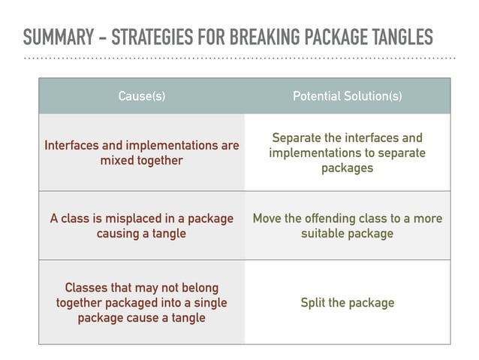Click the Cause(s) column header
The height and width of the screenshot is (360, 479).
click(142, 96)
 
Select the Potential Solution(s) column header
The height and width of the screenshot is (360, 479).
click(347, 96)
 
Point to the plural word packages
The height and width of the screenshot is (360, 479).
click(347, 168)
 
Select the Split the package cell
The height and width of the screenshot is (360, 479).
click(347, 303)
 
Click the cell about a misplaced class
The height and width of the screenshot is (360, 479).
click(142, 225)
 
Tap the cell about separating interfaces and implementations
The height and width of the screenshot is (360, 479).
click(347, 153)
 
